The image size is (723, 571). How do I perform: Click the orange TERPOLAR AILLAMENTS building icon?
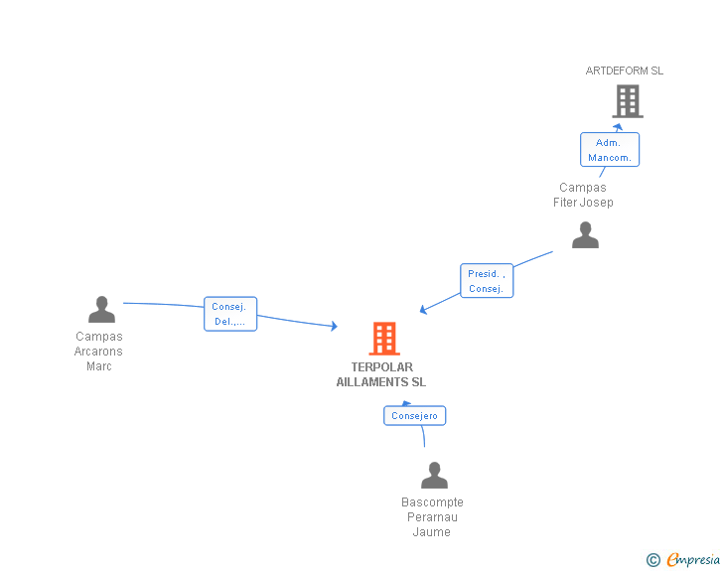pyautogui.click(x=384, y=339)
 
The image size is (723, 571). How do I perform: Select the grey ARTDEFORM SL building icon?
pyautogui.click(x=627, y=101)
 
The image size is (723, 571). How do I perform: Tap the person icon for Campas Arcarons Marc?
pyautogui.click(x=101, y=310)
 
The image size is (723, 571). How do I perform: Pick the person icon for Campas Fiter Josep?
pyautogui.click(x=585, y=235)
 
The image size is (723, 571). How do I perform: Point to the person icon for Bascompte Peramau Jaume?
pyautogui.click(x=434, y=476)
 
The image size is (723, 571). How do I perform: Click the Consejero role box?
pyautogui.click(x=415, y=416)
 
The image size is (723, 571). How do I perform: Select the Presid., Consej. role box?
pyautogui.click(x=487, y=281)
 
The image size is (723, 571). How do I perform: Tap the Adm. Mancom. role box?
pyautogui.click(x=610, y=150)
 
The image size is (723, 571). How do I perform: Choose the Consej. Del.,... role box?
pyautogui.click(x=230, y=314)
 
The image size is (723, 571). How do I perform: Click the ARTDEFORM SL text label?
pyautogui.click(x=625, y=71)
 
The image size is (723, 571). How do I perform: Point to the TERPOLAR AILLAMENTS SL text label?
pyautogui.click(x=381, y=374)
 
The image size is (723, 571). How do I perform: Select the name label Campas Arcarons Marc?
pyautogui.click(x=99, y=352)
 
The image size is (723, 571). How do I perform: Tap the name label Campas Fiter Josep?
pyautogui.click(x=583, y=195)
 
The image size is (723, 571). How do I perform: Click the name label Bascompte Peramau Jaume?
pyautogui.click(x=432, y=517)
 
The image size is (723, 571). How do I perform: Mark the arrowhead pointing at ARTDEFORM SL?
pyautogui.click(x=618, y=127)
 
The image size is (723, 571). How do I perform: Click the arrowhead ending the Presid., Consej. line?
pyautogui.click(x=424, y=309)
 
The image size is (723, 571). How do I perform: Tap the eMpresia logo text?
pyautogui.click(x=692, y=560)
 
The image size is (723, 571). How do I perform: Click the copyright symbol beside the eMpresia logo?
pyautogui.click(x=653, y=561)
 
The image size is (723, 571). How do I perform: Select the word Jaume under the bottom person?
pyautogui.click(x=432, y=532)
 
